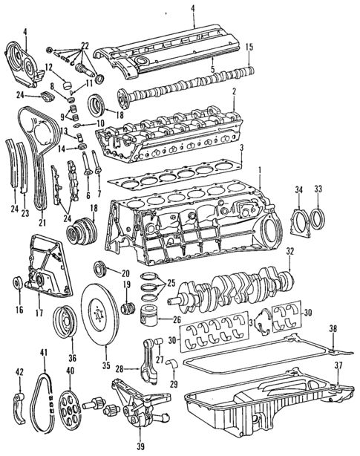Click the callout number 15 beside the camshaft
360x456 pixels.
pos(249,48)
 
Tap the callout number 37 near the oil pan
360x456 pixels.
pos(338,365)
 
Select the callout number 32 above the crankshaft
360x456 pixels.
pos(290,250)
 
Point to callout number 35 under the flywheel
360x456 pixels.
pos(105,365)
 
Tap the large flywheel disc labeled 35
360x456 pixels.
pos(105,312)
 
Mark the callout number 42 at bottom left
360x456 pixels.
pos(20,371)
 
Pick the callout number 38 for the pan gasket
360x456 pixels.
pos(334,328)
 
